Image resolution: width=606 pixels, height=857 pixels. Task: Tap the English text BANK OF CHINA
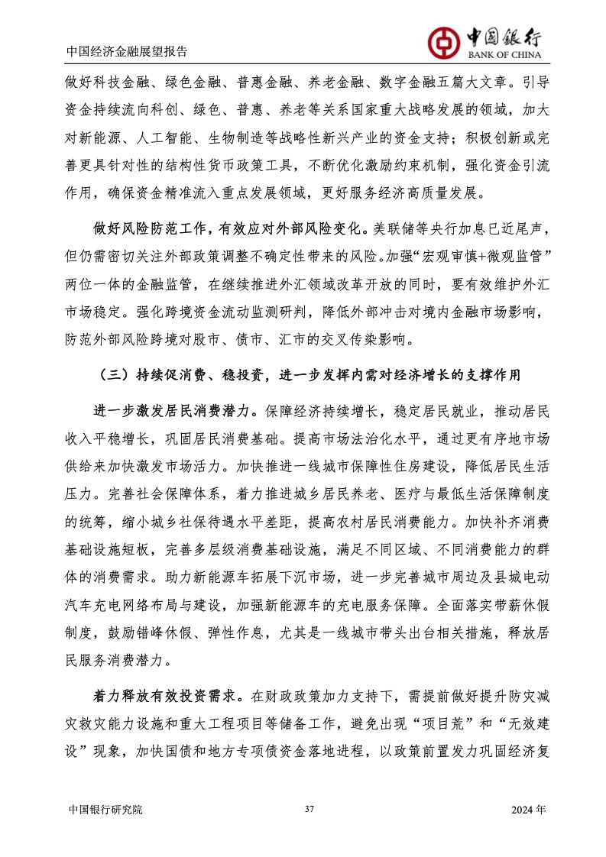[x=501, y=55]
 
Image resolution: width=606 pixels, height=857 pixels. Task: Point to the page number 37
[x=309, y=809]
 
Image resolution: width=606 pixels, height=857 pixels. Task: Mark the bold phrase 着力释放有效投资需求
[x=164, y=696]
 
